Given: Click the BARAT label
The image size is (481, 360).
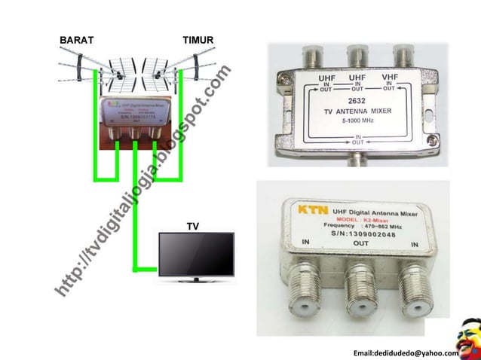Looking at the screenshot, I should [x=76, y=38].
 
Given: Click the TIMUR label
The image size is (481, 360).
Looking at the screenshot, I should [x=198, y=38].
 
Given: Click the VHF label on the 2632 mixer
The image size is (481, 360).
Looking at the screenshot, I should [x=390, y=75].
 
